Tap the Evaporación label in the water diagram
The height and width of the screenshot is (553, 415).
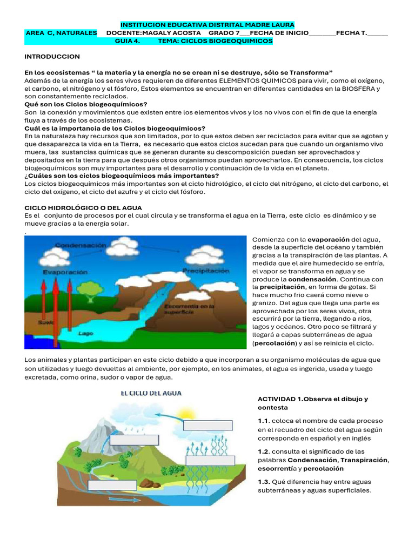click(65, 273)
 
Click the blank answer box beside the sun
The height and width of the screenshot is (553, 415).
click(200, 425)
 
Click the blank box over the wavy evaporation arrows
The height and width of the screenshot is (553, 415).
click(210, 460)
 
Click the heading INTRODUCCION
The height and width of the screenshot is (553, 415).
click(52, 56)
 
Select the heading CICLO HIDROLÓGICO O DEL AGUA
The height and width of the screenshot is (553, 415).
click(83, 207)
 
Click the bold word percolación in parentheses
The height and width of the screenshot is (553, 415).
click(275, 343)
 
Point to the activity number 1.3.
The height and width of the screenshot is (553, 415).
click(263, 482)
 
